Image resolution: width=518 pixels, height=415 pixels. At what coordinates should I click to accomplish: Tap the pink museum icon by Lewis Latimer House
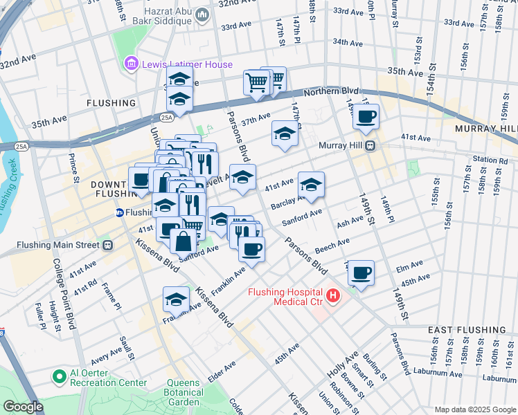tap(129, 64)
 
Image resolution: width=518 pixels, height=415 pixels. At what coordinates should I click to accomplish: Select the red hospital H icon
tap(334, 296)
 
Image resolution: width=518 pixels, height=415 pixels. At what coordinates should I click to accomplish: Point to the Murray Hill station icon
tap(371, 145)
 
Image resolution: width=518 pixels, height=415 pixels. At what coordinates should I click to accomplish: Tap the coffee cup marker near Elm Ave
tap(361, 273)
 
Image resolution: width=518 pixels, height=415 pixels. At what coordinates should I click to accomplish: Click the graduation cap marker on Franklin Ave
tap(177, 299)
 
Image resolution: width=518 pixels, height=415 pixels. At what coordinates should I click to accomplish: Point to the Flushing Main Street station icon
tap(107, 244)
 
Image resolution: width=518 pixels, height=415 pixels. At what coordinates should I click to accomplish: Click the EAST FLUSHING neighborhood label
tap(466, 330)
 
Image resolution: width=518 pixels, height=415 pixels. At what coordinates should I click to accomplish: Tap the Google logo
tap(23, 407)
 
